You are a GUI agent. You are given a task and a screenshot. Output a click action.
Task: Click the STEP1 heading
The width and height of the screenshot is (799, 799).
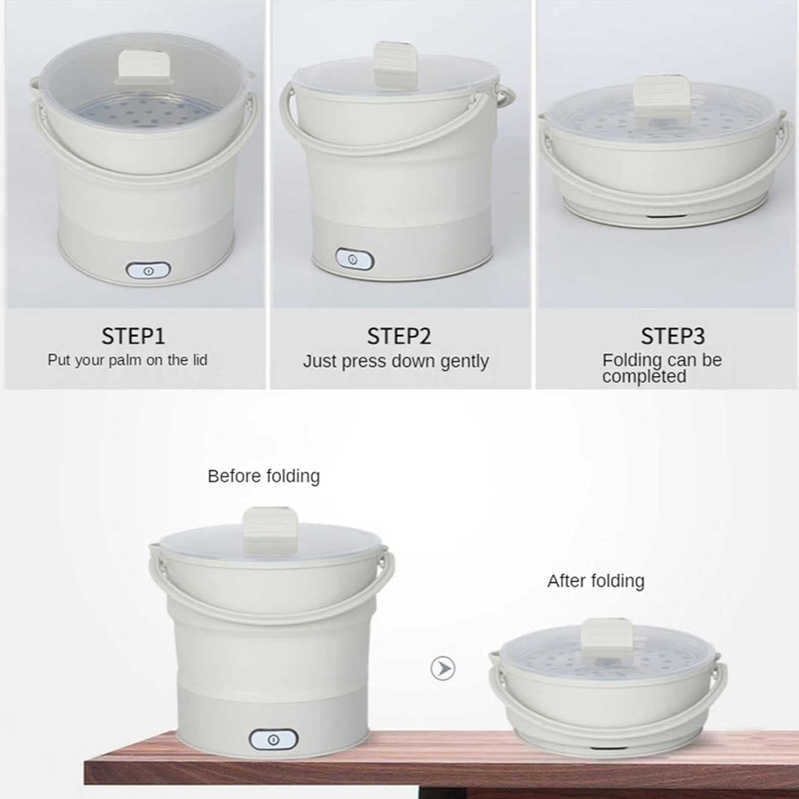[133, 336]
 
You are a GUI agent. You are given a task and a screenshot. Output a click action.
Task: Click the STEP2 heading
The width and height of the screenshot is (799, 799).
[399, 336]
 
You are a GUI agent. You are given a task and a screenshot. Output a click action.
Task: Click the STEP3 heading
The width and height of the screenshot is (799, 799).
[673, 336]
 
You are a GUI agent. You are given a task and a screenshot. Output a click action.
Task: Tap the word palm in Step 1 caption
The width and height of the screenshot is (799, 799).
[126, 360]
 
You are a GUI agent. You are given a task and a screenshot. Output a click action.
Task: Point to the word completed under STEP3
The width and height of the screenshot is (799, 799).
[644, 377]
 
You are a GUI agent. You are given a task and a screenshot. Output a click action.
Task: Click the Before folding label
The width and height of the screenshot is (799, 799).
[264, 476]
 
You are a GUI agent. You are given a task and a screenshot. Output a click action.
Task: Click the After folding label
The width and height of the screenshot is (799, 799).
[595, 581]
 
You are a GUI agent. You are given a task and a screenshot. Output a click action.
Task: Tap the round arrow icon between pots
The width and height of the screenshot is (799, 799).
[443, 669]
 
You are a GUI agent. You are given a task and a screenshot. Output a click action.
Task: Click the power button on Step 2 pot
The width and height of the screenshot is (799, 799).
[354, 259]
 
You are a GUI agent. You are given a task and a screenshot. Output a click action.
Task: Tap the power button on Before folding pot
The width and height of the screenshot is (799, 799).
[273, 740]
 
